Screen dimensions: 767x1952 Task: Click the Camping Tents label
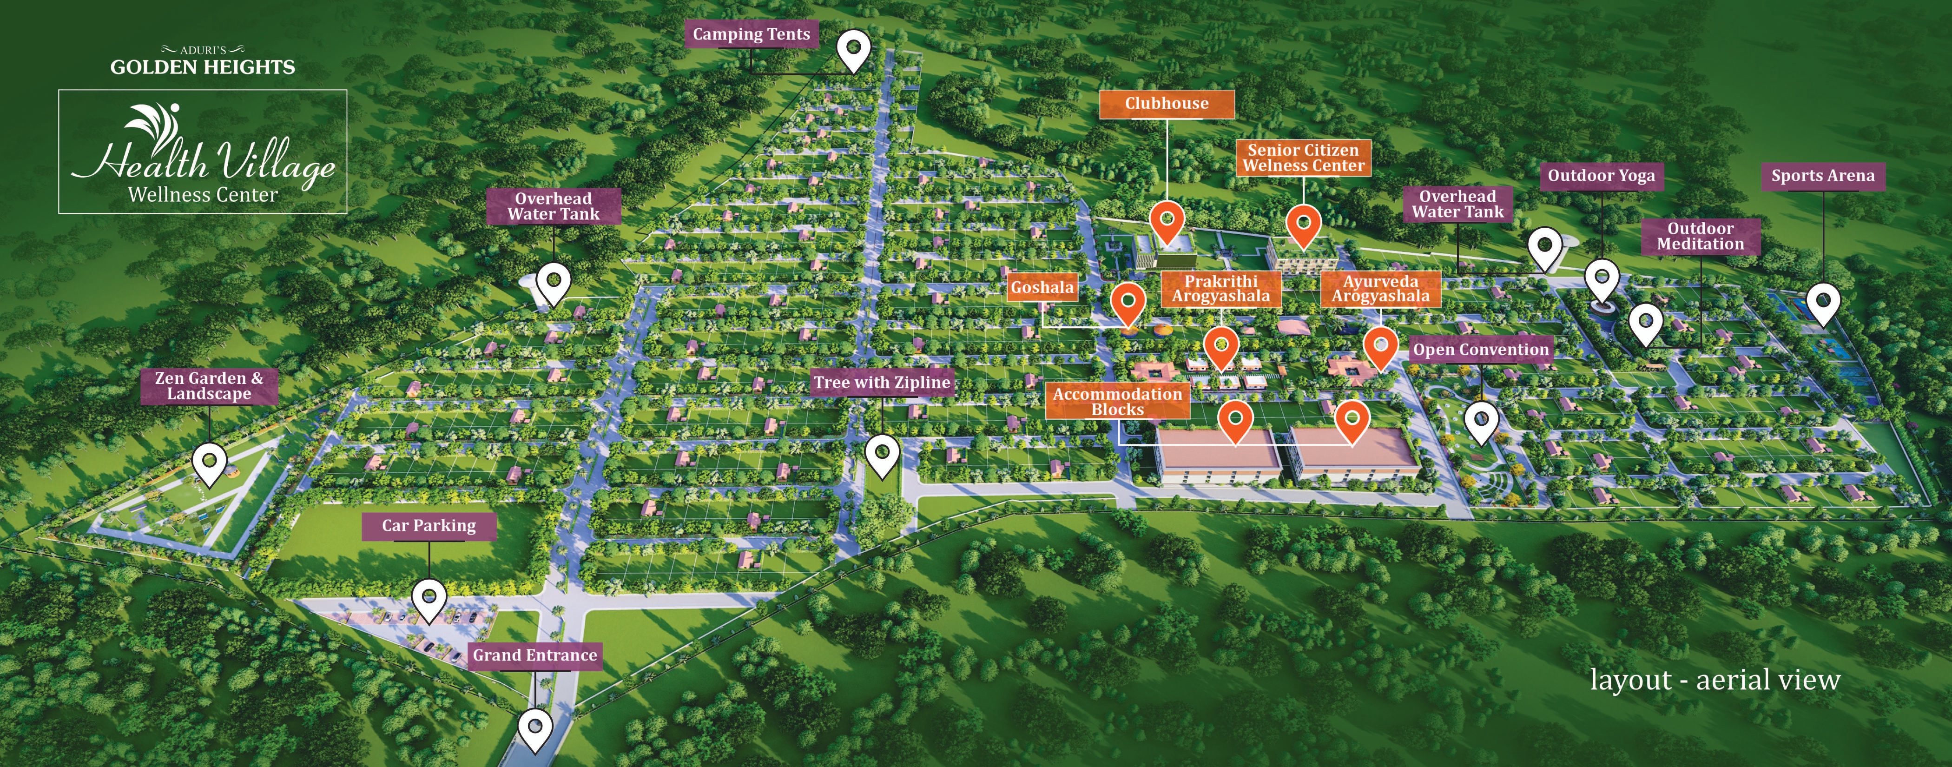pyautogui.click(x=751, y=34)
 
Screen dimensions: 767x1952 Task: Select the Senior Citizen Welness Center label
pyautogui.click(x=1303, y=158)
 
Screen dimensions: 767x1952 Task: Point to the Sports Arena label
pyautogui.click(x=1822, y=176)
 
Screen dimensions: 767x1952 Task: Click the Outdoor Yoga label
pyautogui.click(x=1601, y=176)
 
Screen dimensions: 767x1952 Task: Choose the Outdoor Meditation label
pyautogui.click(x=1701, y=237)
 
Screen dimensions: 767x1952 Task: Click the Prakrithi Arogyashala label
pyautogui.click(x=1221, y=289)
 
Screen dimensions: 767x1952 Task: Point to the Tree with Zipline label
pyautogui.click(x=882, y=383)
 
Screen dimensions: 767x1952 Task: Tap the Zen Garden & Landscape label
pyautogui.click(x=209, y=386)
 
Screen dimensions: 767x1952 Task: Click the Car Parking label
pyautogui.click(x=429, y=526)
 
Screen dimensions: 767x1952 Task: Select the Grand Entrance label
pyautogui.click(x=535, y=655)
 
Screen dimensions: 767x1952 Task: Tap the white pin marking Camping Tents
pyautogui.click(x=853, y=49)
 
